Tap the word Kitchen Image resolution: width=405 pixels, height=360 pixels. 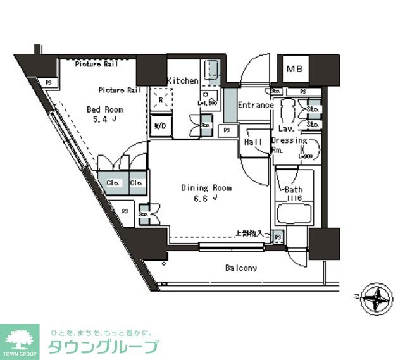[182, 81]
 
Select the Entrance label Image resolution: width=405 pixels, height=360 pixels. [256, 105]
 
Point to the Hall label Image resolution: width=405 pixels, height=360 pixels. [253, 142]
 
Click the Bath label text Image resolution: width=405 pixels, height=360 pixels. [294, 190]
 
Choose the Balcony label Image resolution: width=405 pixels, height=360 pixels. [241, 268]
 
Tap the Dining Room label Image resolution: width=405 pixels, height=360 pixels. [206, 188]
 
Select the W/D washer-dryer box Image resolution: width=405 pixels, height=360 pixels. [161, 126]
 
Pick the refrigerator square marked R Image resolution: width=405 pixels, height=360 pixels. [161, 100]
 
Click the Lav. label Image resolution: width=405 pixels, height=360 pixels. [284, 128]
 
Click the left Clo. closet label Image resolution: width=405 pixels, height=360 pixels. [113, 183]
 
